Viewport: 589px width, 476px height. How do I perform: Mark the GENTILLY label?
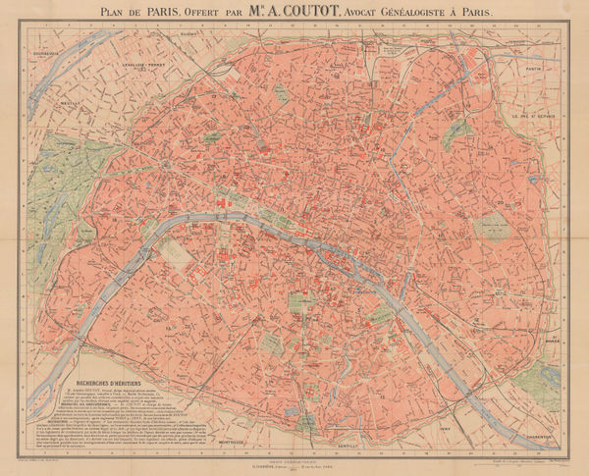pyautogui.click(x=345, y=444)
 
